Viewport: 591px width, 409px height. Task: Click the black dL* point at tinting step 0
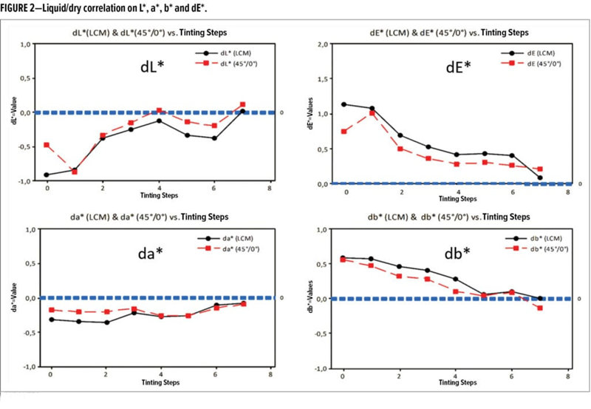coord(47,175)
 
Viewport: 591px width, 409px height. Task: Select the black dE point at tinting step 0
coord(344,104)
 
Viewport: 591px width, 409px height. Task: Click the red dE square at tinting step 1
coord(372,113)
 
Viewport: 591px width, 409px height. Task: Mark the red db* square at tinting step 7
coord(540,308)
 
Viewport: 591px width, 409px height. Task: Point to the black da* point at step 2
coord(106,322)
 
